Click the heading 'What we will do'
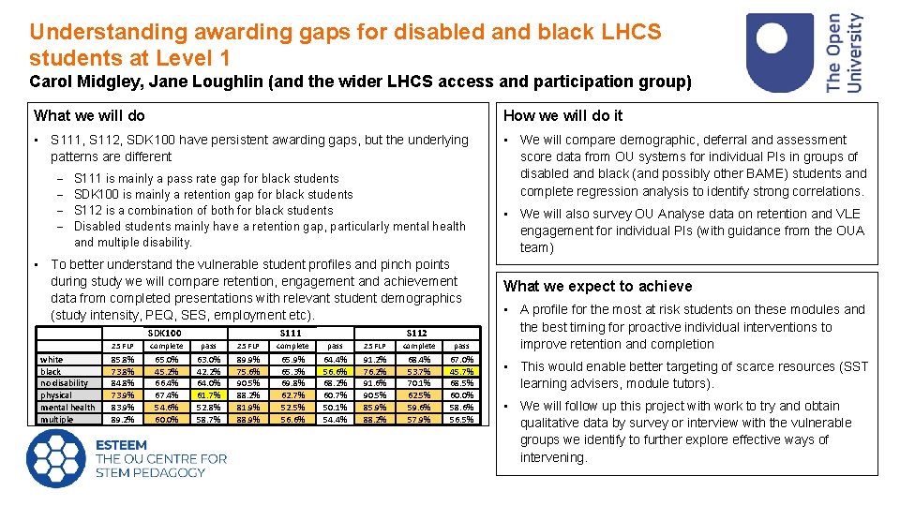pyautogui.click(x=90, y=116)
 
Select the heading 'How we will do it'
pyautogui.click(x=562, y=116)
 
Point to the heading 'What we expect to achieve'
pyautogui.click(x=598, y=287)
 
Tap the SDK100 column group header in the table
pyautogui.click(x=165, y=333)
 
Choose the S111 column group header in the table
pyautogui.click(x=291, y=333)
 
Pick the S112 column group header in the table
pyautogui.click(x=416, y=333)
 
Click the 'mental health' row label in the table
pyautogui.click(x=67, y=408)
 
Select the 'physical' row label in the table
pyautogui.click(x=57, y=395)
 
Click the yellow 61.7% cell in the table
pyautogui.click(x=208, y=395)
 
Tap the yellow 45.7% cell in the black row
pyautogui.click(x=460, y=371)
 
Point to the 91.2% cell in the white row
pyautogui.click(x=375, y=359)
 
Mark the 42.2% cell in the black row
pyautogui.click(x=208, y=371)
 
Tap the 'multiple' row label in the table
pyautogui.click(x=55, y=420)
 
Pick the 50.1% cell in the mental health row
pyautogui.click(x=335, y=408)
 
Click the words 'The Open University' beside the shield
pyautogui.click(x=844, y=52)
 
